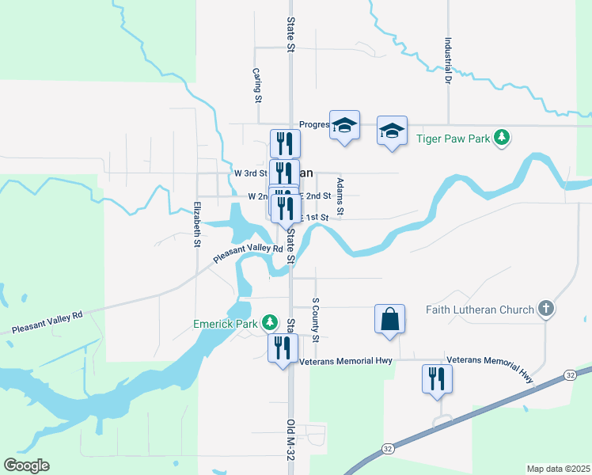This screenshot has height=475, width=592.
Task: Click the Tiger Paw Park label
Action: click(x=453, y=138)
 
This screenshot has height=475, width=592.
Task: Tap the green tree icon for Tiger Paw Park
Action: click(x=500, y=137)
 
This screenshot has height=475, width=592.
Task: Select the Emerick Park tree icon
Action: click(x=271, y=321)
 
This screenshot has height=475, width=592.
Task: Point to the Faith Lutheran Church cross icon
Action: click(x=545, y=310)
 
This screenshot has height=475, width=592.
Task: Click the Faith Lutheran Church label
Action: click(x=480, y=310)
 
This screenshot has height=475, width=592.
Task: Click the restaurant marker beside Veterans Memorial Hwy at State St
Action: click(x=283, y=348)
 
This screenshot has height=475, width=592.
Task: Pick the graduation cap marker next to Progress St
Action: click(x=344, y=125)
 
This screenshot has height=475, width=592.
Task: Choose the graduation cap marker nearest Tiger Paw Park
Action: click(x=391, y=131)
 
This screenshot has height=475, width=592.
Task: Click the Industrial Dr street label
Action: click(x=448, y=61)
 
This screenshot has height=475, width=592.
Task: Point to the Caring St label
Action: click(x=257, y=85)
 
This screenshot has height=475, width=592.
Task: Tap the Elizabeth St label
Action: click(x=196, y=225)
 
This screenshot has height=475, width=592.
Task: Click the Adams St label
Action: click(x=340, y=196)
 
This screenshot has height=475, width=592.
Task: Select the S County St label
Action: click(x=315, y=320)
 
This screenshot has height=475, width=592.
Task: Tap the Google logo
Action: click(x=27, y=465)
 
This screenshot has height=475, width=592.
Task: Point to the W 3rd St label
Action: click(x=250, y=173)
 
